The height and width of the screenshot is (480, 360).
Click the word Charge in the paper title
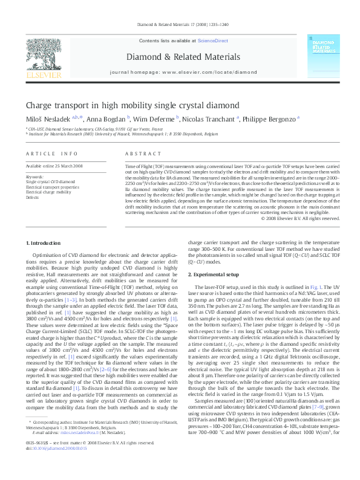tap(41, 105)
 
